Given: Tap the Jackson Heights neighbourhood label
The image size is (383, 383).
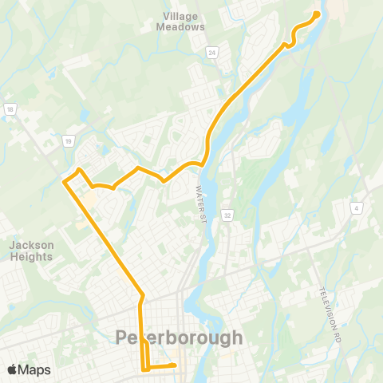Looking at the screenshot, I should tap(32, 251).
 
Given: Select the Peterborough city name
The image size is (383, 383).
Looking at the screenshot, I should tap(179, 338).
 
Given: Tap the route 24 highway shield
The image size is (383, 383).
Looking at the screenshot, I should tap(212, 53).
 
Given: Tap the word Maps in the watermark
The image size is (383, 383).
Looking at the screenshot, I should tap(34, 369).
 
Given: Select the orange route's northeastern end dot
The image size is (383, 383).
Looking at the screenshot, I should tap(317, 14).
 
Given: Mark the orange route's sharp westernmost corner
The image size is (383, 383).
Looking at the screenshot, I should tap(65, 181).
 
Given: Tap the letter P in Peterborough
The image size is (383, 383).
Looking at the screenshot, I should tap(123, 338).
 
